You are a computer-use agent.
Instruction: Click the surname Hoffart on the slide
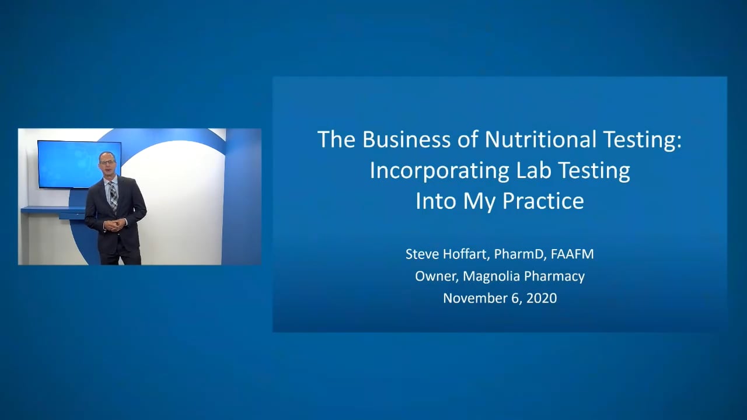463,254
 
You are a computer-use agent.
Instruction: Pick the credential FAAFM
572,254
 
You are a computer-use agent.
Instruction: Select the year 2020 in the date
541,298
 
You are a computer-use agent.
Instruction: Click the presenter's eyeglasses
107,162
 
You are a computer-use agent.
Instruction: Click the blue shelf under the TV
53,211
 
